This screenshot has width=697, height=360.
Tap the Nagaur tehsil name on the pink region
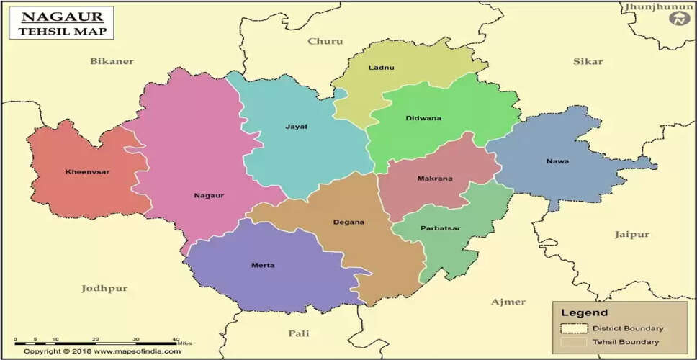click(x=208, y=195)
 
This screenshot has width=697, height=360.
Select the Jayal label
click(x=296, y=127)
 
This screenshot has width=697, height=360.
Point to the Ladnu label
click(x=381, y=68)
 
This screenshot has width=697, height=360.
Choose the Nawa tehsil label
click(x=557, y=161)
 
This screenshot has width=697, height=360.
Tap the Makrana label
click(x=435, y=179)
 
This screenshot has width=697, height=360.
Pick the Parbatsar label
click(x=441, y=228)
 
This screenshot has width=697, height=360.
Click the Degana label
click(x=348, y=222)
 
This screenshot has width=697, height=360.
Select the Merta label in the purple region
click(x=262, y=266)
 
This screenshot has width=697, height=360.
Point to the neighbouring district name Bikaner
click(x=112, y=61)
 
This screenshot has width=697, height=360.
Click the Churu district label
click(x=325, y=41)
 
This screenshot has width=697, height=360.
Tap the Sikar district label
click(x=588, y=61)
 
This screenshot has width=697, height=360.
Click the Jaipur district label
click(x=631, y=235)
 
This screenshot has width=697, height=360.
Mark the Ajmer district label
click(x=508, y=302)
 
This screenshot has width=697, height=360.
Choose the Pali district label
click(x=298, y=333)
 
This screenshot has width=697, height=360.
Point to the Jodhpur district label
click(x=104, y=288)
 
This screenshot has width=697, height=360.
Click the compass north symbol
click(x=678, y=19)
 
